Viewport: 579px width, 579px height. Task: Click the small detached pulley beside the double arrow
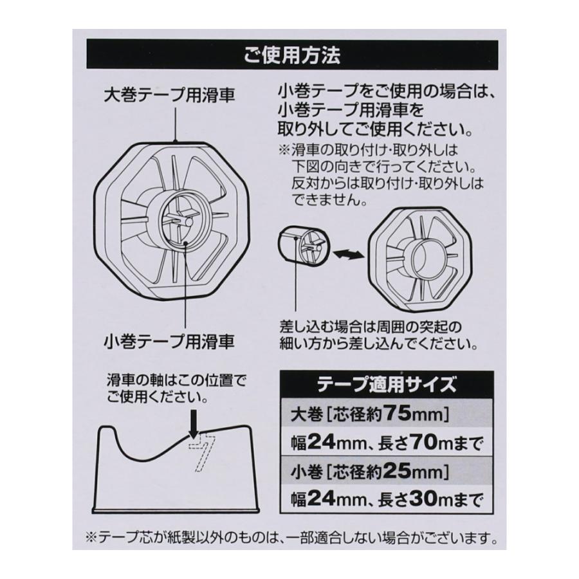tap(302, 246)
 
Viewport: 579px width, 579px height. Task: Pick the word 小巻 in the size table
tap(301, 471)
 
